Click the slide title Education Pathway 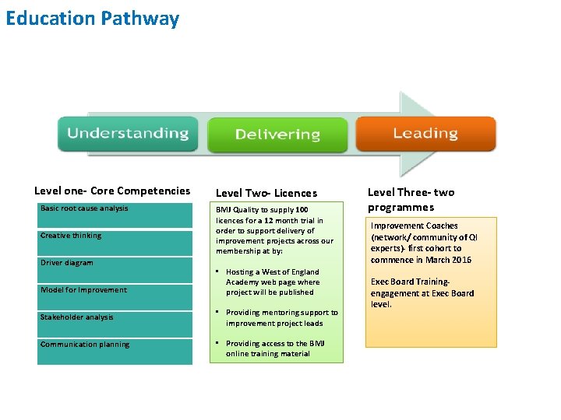click(92, 19)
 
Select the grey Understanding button click(127, 134)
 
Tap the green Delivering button click(277, 135)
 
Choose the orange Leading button click(425, 134)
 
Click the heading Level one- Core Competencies click(112, 191)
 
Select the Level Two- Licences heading click(266, 193)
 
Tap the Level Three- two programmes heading click(411, 199)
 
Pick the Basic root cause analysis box click(114, 215)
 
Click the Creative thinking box click(114, 242)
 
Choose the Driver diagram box click(114, 269)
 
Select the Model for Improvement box click(114, 296)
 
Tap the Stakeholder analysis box click(114, 324)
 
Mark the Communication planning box click(114, 351)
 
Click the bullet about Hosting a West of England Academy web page click(272, 282)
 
